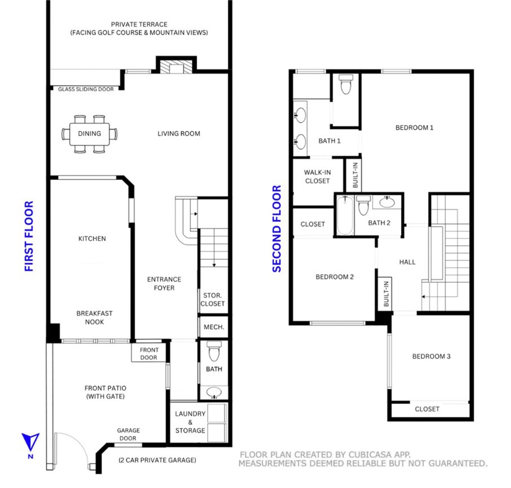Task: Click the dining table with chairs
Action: [x=90, y=134]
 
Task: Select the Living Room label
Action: [x=179, y=134]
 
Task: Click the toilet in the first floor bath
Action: [x=214, y=352]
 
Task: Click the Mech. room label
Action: [x=214, y=327]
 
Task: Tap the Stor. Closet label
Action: [x=212, y=299]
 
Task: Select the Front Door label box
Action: [x=149, y=353]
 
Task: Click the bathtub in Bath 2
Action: [x=344, y=215]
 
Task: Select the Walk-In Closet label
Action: [x=317, y=176]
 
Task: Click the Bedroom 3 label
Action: [x=431, y=356]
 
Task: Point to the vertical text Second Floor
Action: [x=277, y=229]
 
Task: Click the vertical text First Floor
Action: [x=29, y=236]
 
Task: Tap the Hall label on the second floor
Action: [x=407, y=262]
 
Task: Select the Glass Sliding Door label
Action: [x=86, y=89]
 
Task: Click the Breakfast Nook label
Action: [x=94, y=317]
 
